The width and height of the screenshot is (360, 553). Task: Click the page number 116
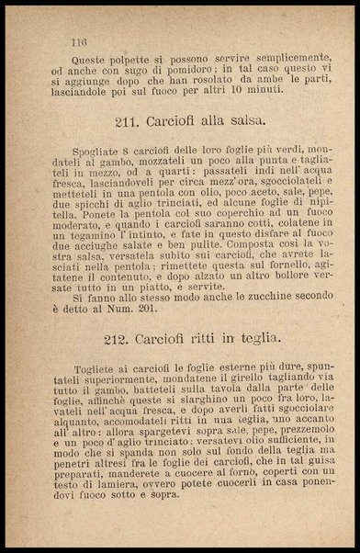tap(78, 42)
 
